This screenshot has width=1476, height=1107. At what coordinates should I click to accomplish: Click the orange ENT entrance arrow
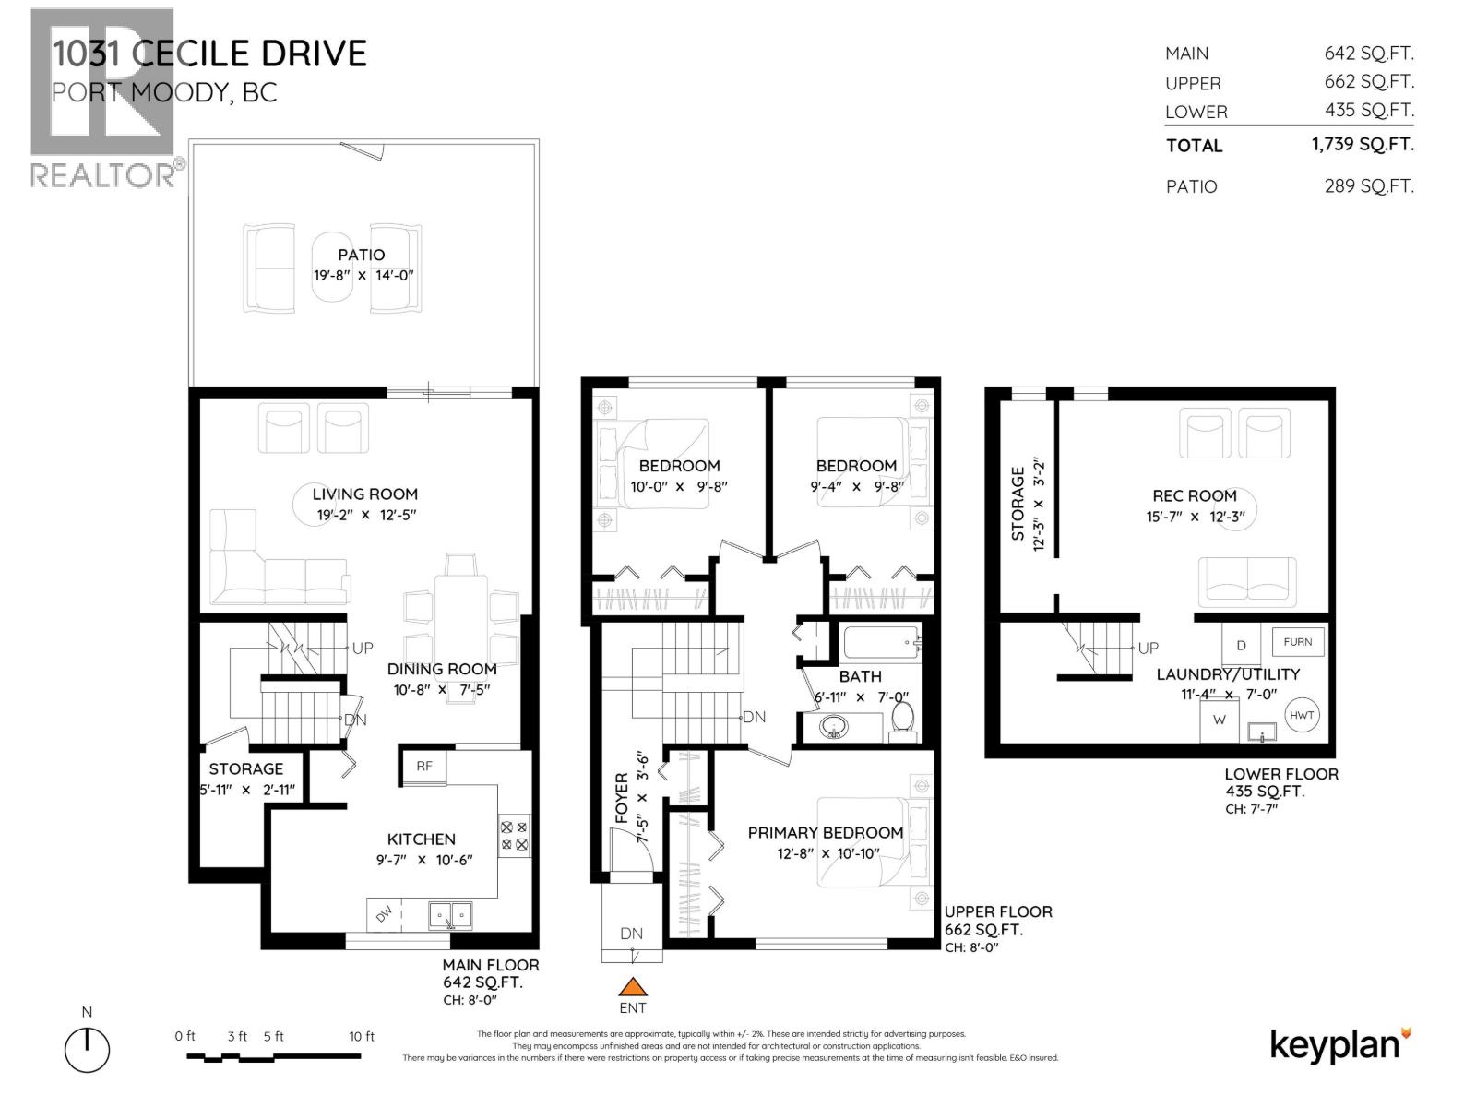[632, 986]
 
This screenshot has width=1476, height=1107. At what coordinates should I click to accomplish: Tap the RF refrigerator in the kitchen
[423, 766]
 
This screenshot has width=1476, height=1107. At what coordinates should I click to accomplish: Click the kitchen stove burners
[514, 836]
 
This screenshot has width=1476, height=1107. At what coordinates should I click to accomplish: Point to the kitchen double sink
[450, 915]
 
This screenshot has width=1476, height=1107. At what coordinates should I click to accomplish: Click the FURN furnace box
[1297, 642]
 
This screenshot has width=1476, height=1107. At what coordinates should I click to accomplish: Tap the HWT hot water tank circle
[1301, 715]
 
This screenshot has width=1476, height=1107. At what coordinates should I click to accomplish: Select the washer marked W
[1220, 720]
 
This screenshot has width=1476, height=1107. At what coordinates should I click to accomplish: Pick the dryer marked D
[1241, 645]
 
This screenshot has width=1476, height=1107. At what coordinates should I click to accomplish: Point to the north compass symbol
[87, 1049]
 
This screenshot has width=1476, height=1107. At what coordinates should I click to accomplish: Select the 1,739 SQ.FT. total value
[1363, 144]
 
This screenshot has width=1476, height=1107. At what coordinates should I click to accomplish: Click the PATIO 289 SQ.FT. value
[1368, 185]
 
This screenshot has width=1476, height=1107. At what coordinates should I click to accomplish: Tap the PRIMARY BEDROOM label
[825, 832]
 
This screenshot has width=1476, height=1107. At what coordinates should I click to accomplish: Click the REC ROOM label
[1194, 495]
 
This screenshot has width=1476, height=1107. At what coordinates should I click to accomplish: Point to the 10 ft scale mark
[362, 1036]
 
